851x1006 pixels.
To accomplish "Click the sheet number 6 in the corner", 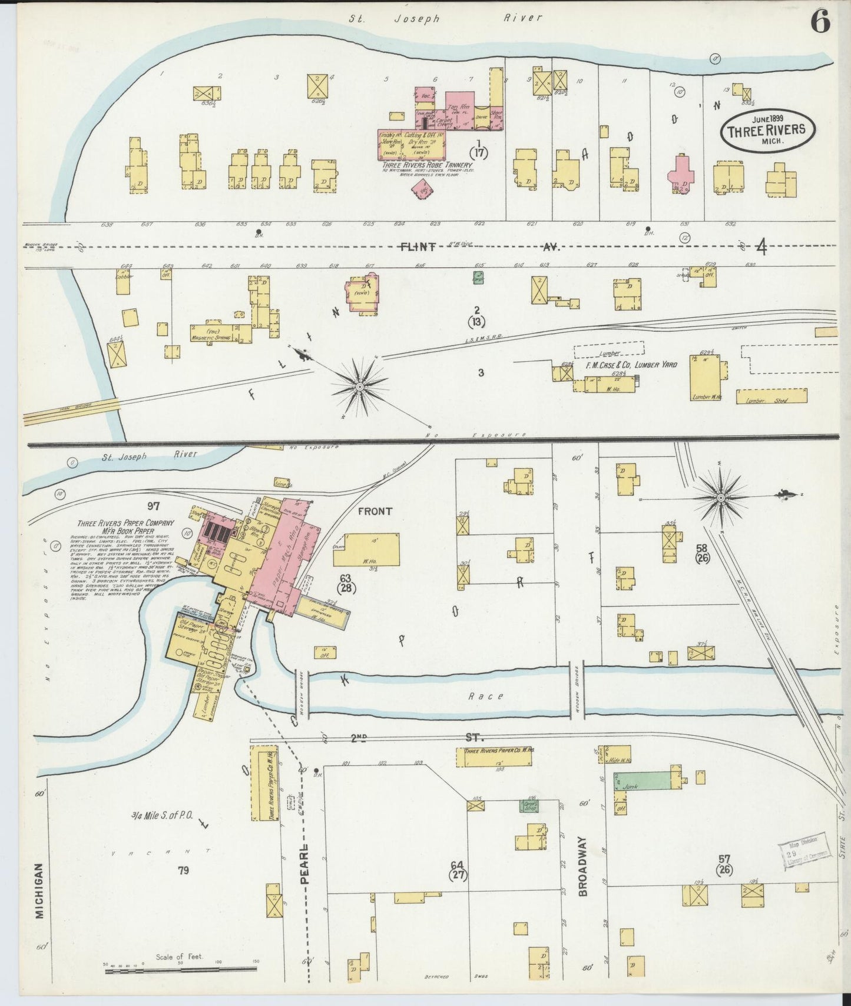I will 820,22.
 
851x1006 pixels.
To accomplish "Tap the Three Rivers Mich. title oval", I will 767,131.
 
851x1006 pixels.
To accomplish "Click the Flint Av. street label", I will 418,247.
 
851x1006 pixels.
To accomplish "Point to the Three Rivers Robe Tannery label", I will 426,165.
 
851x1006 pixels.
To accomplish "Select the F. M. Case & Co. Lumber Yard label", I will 631,365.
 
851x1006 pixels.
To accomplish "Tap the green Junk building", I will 642,781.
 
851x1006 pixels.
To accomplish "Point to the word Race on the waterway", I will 486,696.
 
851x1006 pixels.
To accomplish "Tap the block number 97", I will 154,505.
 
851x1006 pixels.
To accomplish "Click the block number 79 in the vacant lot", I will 183,870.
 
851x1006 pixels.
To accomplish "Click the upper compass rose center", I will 359,387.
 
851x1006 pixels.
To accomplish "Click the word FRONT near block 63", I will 375,511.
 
